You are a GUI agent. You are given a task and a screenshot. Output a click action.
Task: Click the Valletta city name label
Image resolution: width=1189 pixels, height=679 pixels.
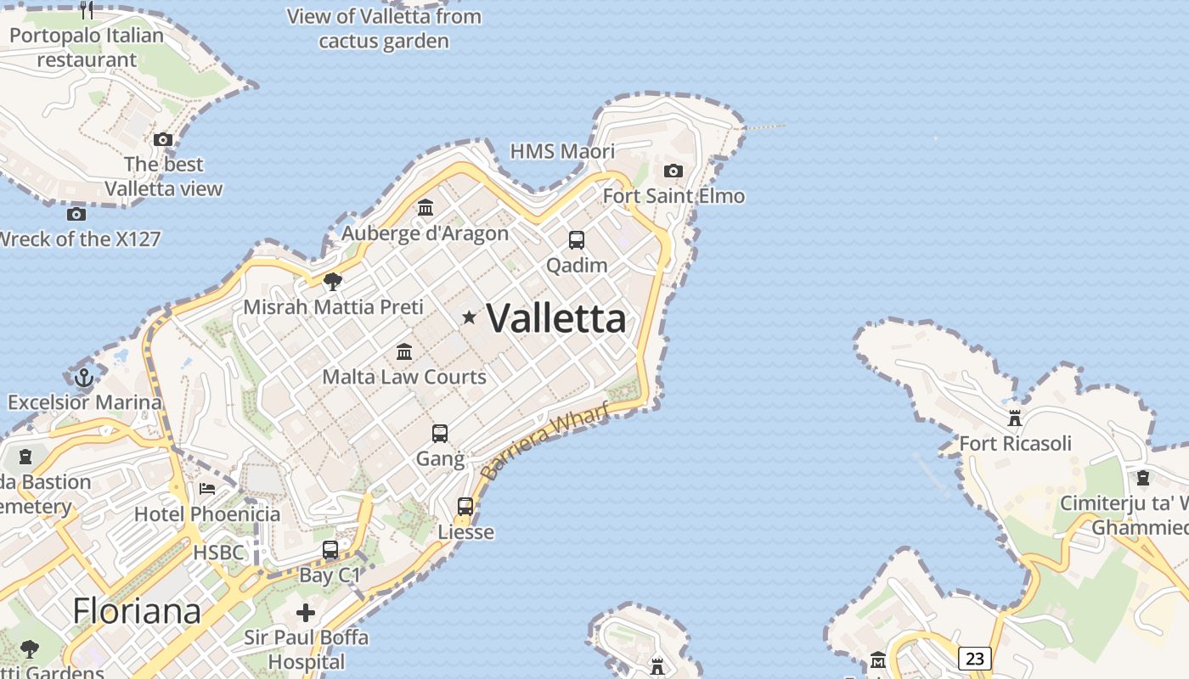[x=556, y=319]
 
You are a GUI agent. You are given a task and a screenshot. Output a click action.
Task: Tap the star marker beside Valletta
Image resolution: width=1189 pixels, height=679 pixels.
[x=469, y=317]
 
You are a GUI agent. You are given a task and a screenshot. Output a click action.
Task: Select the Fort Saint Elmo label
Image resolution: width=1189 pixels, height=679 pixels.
[x=673, y=196]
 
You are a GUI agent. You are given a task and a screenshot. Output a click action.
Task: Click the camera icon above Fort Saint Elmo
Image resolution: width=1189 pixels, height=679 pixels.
[x=673, y=171]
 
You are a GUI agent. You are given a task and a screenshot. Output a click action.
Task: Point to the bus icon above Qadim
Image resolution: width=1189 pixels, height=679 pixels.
[x=577, y=240]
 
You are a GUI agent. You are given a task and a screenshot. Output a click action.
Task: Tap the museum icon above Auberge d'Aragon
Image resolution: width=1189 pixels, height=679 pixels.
[x=425, y=208]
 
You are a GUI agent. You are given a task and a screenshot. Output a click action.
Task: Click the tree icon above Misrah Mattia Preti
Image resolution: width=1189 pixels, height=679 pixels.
[x=333, y=282]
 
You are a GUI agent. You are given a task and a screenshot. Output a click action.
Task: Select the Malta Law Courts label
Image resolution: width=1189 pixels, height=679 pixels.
[x=404, y=377]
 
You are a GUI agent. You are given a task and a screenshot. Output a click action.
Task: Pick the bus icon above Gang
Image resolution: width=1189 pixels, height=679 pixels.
[x=440, y=434]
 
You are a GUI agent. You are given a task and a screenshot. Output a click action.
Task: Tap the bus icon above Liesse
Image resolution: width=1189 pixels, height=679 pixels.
[x=465, y=507]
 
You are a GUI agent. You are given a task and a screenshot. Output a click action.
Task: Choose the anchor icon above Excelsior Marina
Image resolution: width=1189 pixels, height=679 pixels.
[x=83, y=378]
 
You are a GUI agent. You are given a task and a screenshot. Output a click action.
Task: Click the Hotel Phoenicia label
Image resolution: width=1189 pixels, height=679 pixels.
[x=207, y=514]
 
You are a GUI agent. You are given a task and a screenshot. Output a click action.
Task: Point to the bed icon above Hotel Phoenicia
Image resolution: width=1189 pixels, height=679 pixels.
[x=206, y=489]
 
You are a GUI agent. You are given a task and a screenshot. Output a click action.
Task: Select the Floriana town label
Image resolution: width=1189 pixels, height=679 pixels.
[x=137, y=611]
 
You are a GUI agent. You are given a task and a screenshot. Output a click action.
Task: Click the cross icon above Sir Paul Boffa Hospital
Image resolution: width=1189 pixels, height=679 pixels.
[x=306, y=613]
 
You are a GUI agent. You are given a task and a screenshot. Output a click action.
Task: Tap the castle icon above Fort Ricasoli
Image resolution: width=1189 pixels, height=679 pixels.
[x=1014, y=418]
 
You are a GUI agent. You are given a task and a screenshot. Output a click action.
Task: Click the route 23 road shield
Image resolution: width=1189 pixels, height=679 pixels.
[x=975, y=658]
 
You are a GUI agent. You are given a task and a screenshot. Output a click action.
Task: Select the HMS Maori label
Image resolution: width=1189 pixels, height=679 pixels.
[x=562, y=152]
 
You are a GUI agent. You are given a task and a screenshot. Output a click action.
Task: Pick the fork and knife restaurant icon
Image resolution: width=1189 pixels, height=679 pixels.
[x=87, y=10]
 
